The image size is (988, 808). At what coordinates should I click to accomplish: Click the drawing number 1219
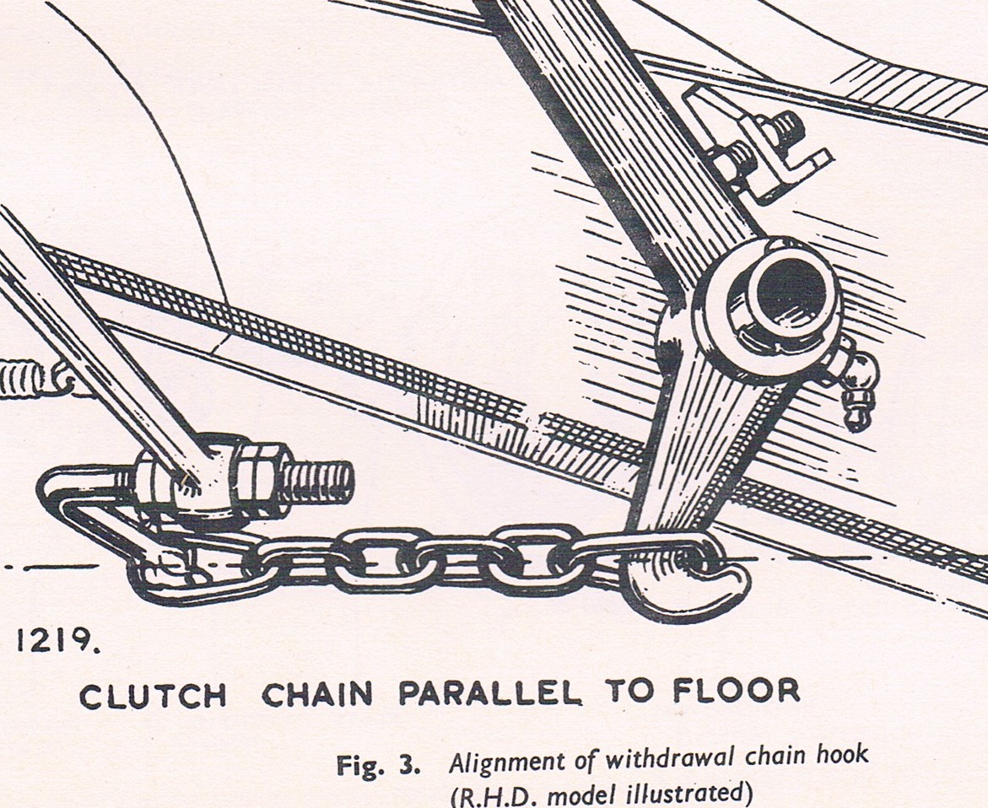pos(56,641)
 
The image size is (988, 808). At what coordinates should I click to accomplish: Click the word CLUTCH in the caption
pos(153,695)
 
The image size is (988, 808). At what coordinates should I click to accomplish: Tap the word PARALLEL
pos(490,692)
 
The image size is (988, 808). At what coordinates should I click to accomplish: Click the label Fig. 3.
pos(377,764)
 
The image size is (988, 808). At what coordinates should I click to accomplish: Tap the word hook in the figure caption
pos(842,755)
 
